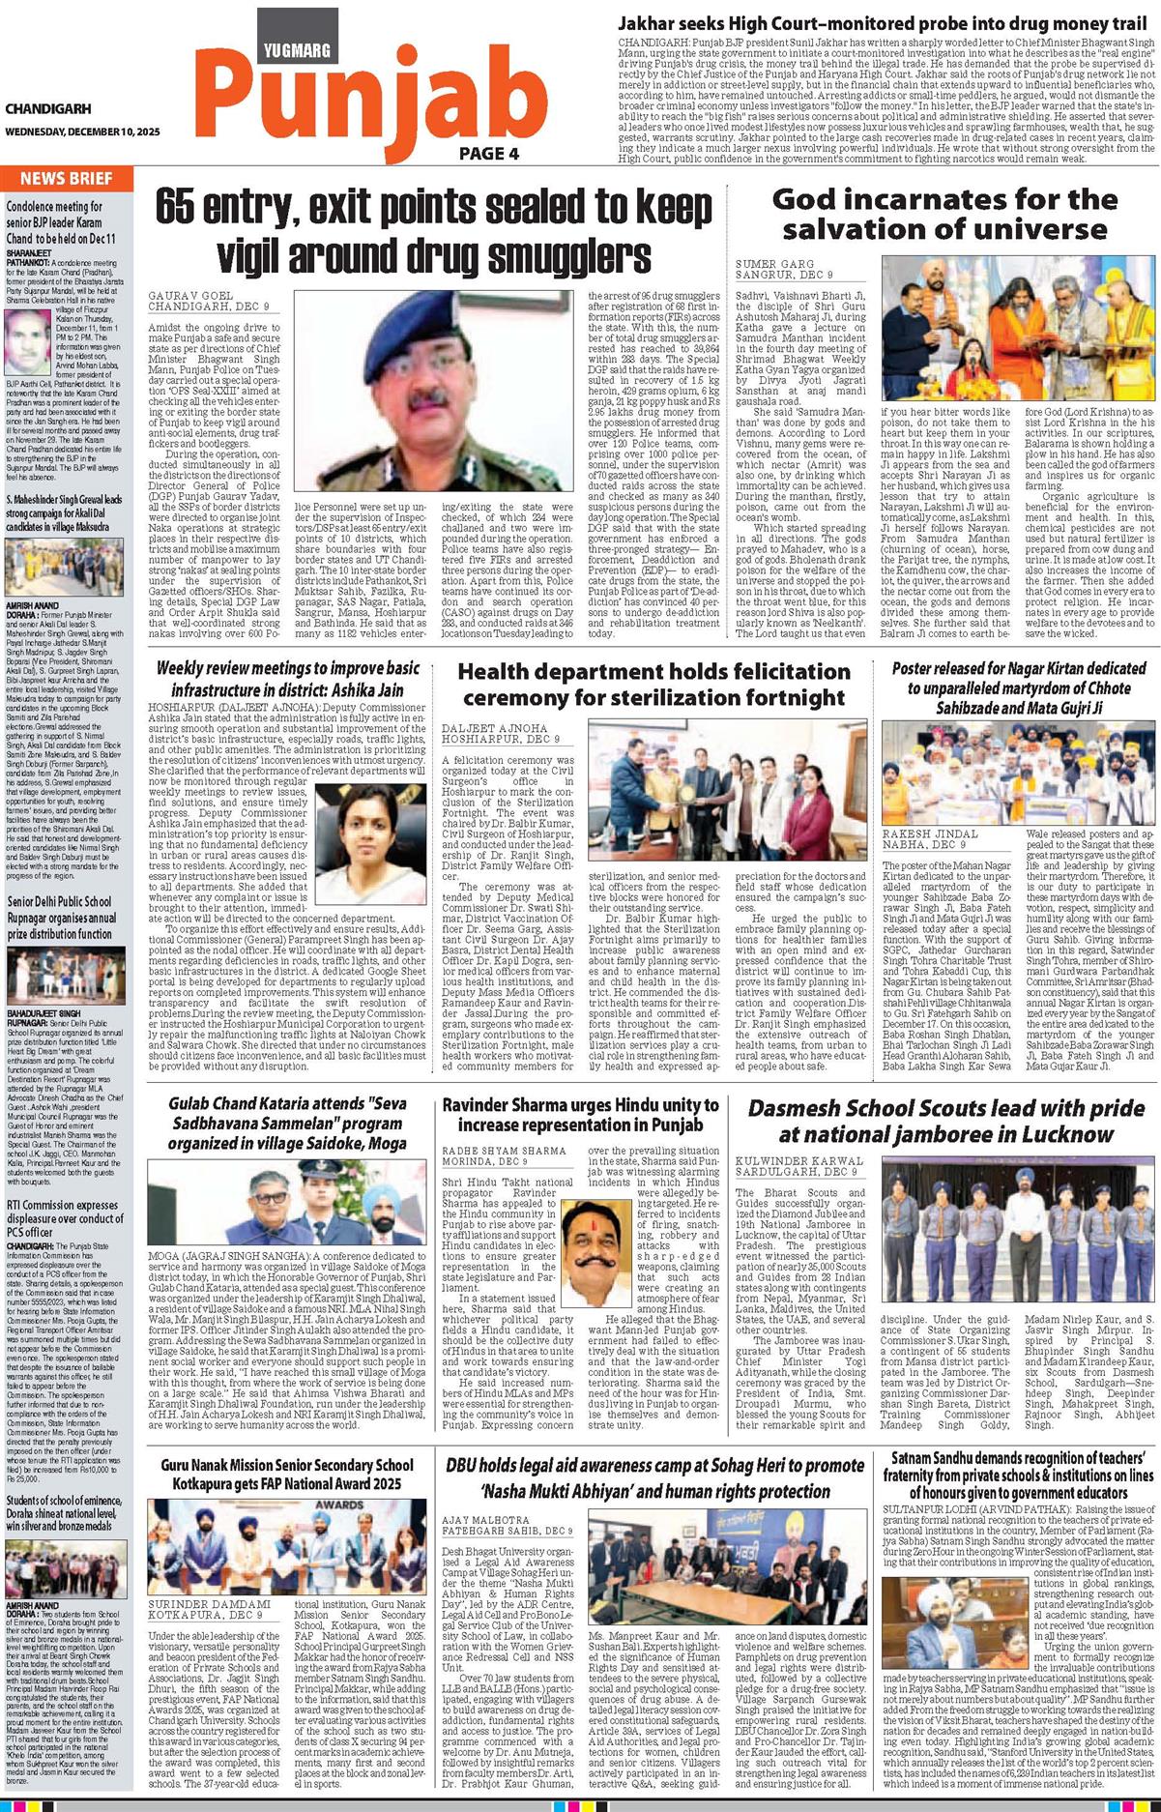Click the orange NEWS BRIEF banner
point(66,178)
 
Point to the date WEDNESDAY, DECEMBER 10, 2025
point(82,131)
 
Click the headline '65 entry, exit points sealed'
point(432,230)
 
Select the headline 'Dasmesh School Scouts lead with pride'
point(945,1122)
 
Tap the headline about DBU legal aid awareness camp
point(654,1477)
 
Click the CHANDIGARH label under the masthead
point(48,109)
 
